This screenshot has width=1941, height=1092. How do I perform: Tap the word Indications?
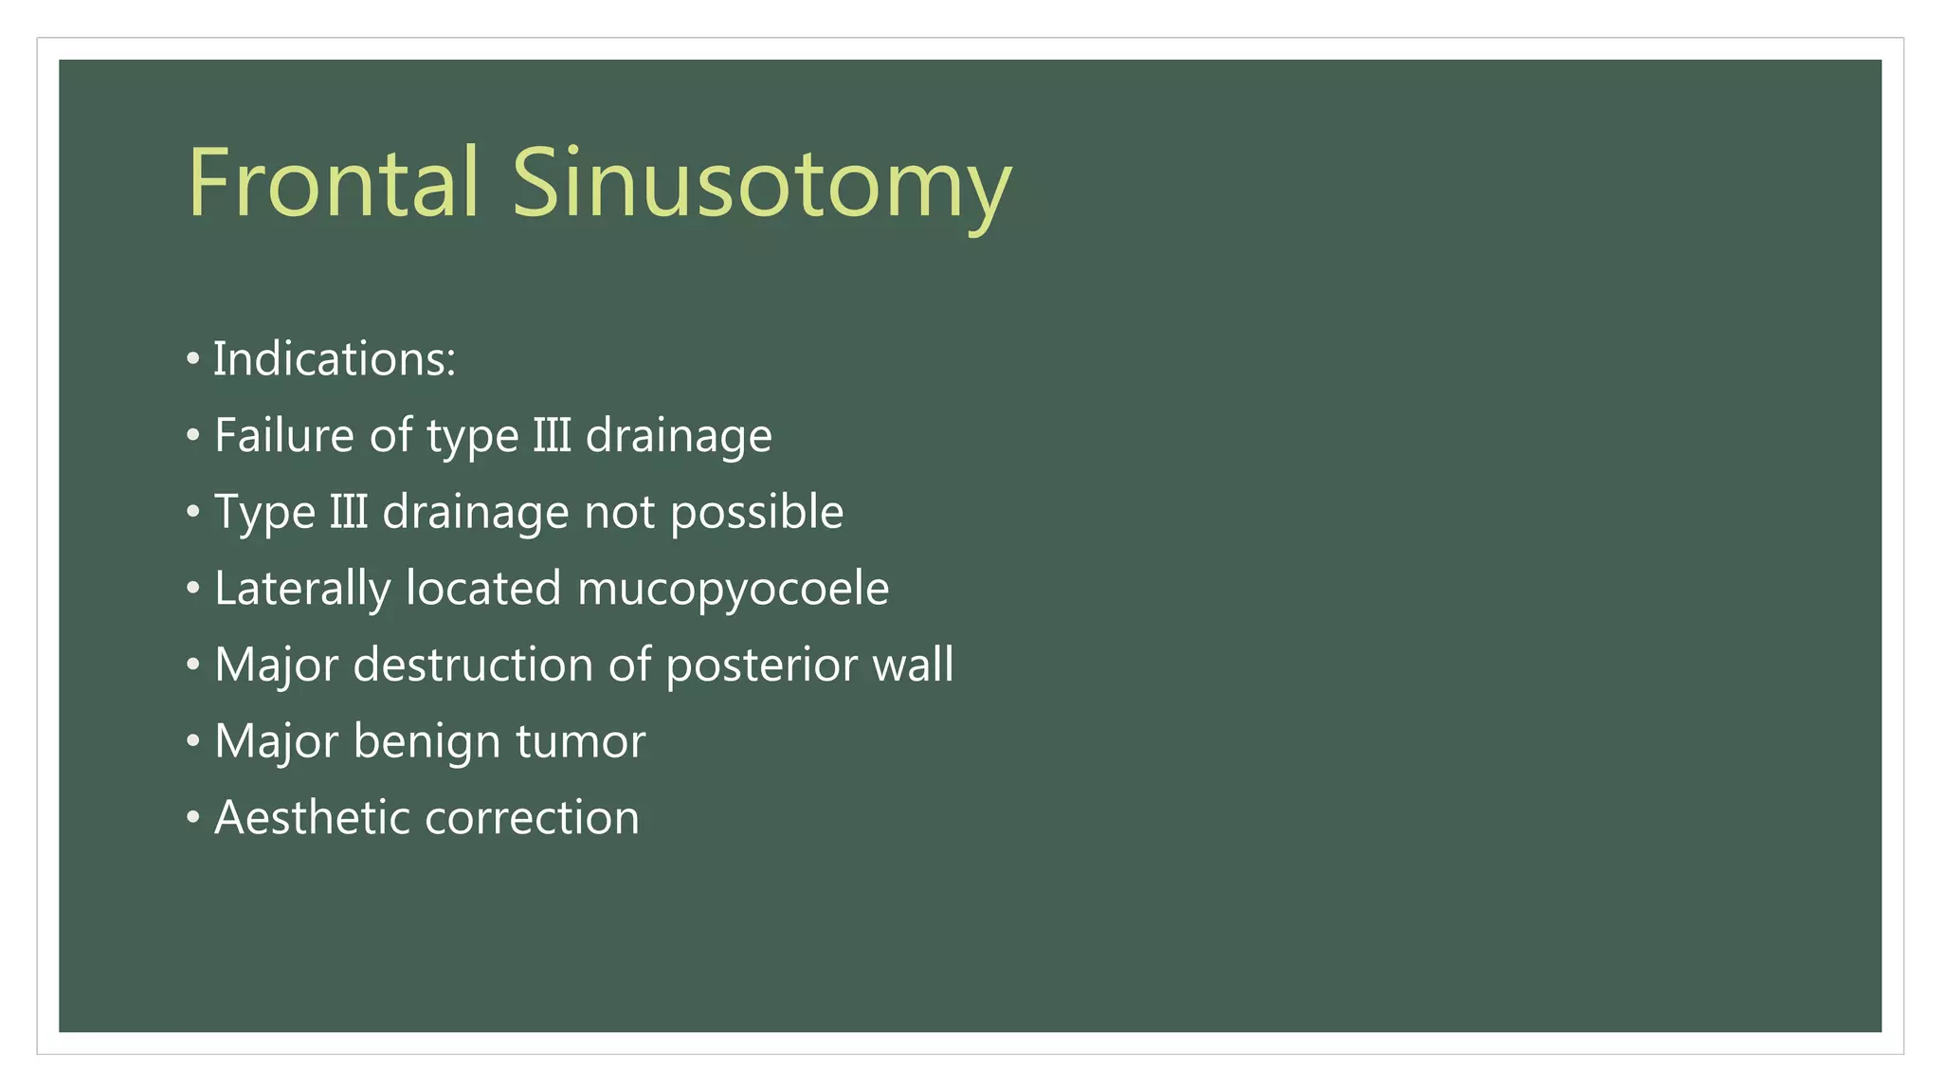(334, 359)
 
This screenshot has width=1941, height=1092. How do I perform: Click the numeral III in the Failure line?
(552, 436)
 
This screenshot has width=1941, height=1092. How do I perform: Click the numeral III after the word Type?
(349, 513)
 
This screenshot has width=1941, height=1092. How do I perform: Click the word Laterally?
(301, 589)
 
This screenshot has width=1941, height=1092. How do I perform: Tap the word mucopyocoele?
(733, 589)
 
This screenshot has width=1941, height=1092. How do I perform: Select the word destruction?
(473, 664)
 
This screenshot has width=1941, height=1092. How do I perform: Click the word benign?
(426, 741)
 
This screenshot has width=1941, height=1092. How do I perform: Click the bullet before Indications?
(193, 359)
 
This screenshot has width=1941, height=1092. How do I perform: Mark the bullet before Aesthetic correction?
(193, 817)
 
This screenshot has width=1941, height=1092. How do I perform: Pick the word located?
(483, 589)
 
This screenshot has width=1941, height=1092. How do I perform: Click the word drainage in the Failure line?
(679, 436)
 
